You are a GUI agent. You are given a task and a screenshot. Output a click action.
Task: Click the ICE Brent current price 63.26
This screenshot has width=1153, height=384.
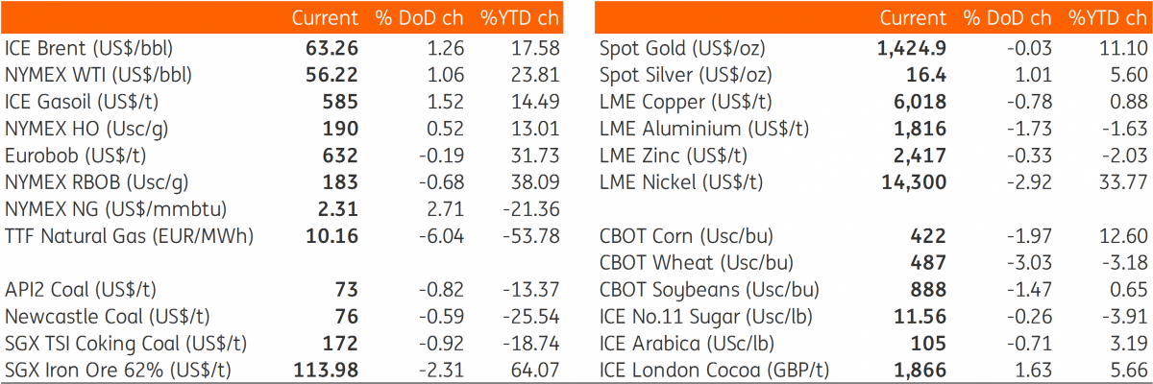(332, 48)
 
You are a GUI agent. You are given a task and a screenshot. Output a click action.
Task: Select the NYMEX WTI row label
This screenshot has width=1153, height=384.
(98, 76)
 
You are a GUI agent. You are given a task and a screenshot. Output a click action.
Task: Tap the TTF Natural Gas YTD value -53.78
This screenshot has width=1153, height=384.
(531, 236)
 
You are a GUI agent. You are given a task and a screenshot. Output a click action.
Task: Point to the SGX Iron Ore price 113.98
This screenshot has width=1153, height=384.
(326, 371)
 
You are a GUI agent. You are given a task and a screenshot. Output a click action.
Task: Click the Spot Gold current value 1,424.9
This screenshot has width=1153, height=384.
(912, 48)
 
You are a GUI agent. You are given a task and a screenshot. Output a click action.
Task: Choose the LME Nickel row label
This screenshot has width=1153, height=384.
(681, 182)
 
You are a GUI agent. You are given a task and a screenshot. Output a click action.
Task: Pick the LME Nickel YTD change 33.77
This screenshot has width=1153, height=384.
(1123, 182)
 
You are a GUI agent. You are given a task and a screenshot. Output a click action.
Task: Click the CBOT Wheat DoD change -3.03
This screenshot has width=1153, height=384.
(1029, 263)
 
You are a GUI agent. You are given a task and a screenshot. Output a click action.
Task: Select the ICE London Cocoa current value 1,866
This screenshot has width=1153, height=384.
(920, 371)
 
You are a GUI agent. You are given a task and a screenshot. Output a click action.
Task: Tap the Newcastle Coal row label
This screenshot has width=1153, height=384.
(108, 317)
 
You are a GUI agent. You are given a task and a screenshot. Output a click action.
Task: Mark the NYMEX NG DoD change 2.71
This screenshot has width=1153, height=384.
(445, 209)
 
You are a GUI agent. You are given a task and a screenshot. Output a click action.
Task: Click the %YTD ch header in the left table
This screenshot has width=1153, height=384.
(520, 18)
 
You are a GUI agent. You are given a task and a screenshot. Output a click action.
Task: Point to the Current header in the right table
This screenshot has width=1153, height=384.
(913, 18)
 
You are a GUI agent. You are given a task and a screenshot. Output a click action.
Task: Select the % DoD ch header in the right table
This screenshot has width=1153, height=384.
(1007, 18)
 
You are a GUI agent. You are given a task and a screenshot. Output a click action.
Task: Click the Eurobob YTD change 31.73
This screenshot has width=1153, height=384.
(535, 156)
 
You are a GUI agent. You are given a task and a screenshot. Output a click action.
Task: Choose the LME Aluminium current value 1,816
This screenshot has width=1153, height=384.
(920, 129)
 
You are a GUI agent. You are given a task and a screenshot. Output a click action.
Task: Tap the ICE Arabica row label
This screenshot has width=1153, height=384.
(687, 344)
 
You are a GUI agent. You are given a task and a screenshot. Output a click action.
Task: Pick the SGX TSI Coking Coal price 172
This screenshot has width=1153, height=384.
(340, 344)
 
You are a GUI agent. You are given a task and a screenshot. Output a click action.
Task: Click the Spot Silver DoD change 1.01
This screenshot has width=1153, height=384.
(1034, 75)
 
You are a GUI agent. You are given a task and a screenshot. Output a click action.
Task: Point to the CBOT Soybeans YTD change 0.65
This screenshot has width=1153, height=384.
(1129, 290)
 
